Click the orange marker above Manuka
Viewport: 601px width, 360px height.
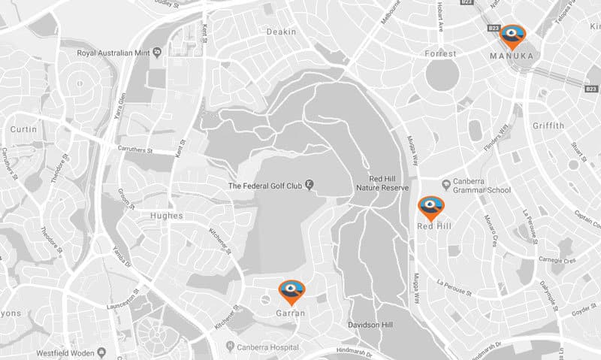pyautogui.click(x=514, y=35)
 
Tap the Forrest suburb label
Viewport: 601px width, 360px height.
pyautogui.click(x=441, y=53)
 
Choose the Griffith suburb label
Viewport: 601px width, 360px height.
pyautogui.click(x=547, y=126)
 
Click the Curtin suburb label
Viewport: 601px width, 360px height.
pyautogui.click(x=23, y=130)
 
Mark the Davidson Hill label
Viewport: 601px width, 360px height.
pyautogui.click(x=371, y=325)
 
